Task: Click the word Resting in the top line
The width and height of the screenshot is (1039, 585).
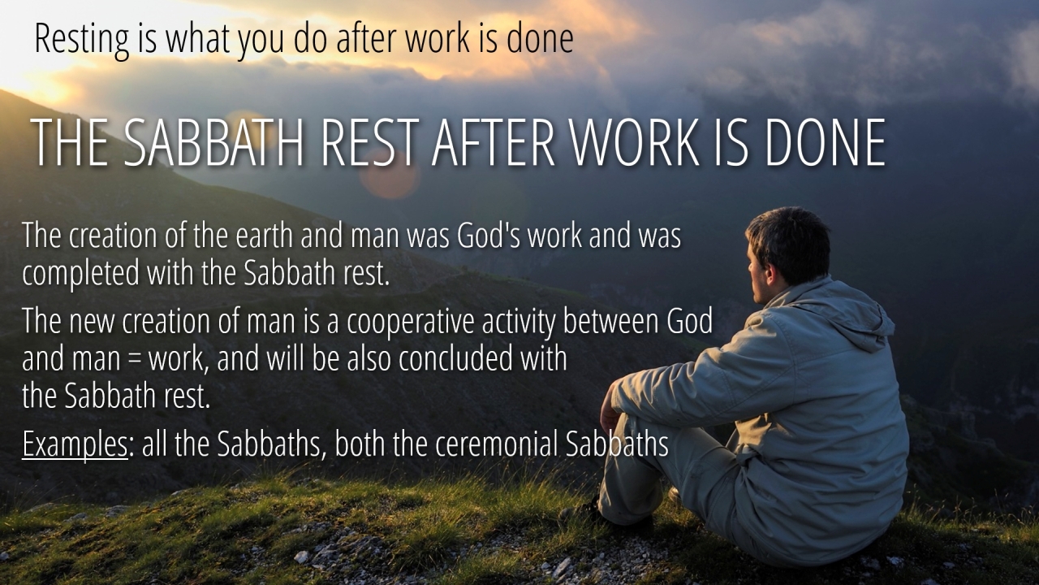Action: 82,41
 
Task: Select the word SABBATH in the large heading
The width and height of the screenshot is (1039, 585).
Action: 213,142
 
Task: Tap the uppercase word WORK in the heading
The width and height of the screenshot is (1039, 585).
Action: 634,142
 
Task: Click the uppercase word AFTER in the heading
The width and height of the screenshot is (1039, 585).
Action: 493,142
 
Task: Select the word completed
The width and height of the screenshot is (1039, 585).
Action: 80,274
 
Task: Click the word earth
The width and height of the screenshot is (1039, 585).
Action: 264,235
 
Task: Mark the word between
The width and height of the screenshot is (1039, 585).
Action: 611,320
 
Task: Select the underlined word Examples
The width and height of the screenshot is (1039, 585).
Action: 75,444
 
